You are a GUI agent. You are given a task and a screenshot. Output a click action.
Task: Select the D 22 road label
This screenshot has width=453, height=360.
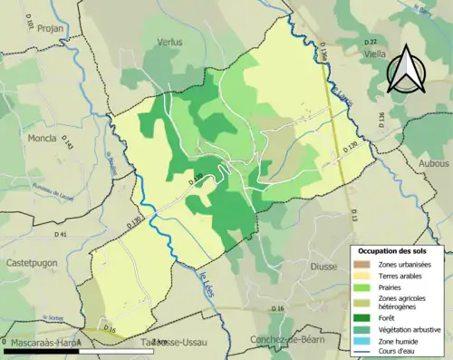tap(370, 42)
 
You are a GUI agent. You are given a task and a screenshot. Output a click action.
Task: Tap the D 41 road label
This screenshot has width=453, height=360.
tap(61, 234)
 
